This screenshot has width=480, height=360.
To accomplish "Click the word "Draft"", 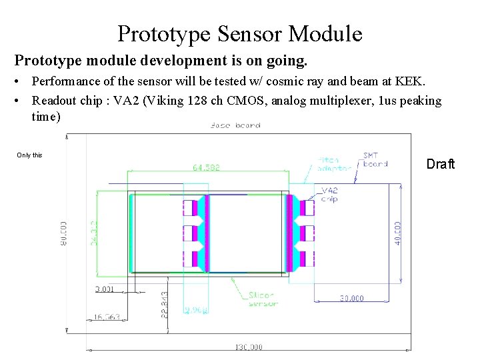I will pos(440,164).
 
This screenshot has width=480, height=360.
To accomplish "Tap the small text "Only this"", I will pos(29,155).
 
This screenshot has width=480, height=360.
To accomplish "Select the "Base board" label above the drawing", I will pos(235,125).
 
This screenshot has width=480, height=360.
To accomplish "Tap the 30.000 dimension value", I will pos(351,298).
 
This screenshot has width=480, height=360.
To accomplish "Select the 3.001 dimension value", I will pos(105,289).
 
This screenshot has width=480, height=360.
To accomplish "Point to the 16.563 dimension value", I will pos(106,317).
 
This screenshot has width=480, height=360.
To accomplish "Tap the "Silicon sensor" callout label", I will pos(263,299).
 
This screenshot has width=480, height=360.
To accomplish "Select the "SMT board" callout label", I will pos(375,160).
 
